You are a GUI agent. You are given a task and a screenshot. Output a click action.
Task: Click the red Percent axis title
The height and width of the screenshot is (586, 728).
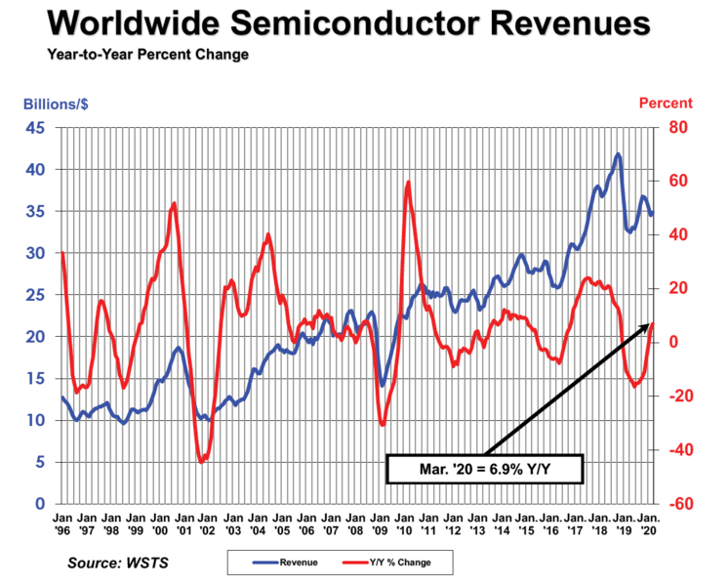666,103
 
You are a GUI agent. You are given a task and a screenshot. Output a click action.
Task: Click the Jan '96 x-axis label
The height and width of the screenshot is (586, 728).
61,524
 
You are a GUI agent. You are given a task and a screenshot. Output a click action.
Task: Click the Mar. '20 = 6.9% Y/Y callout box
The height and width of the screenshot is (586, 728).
485,469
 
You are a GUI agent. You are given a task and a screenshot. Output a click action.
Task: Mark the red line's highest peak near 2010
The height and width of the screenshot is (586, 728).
408,183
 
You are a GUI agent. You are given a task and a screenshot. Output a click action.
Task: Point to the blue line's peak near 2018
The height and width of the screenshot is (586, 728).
617,154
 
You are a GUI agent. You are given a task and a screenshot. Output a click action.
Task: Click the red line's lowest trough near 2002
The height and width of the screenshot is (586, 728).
201,461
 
